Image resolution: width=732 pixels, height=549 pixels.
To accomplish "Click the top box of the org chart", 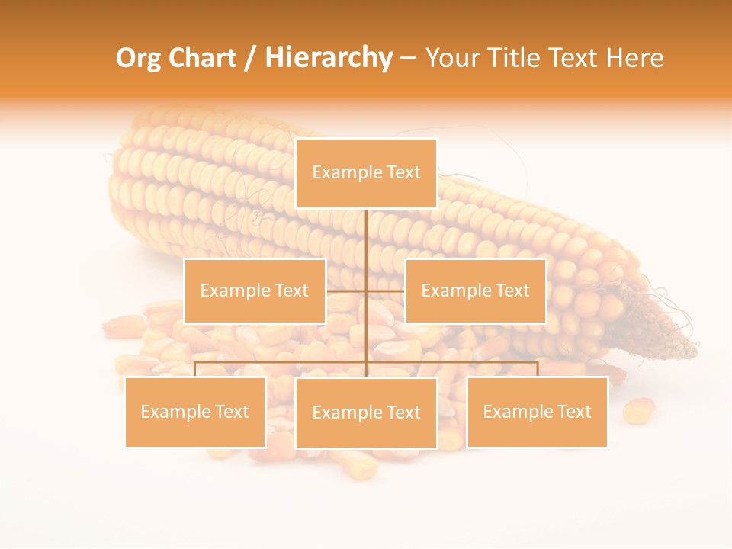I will pyautogui.click(x=366, y=173).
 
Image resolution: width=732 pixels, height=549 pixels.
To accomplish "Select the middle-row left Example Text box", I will pyautogui.click(x=255, y=291).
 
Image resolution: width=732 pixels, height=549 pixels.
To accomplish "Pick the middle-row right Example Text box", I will pyautogui.click(x=475, y=291).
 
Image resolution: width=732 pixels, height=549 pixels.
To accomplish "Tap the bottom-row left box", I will pyautogui.click(x=195, y=413).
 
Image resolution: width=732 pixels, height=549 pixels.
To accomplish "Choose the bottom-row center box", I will pyautogui.click(x=366, y=413).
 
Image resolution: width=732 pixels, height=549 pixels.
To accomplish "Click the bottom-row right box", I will pyautogui.click(x=537, y=413).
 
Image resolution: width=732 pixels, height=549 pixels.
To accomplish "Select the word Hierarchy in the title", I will pyautogui.click(x=329, y=58).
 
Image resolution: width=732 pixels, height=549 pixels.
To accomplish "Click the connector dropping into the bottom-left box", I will pyautogui.click(x=195, y=369).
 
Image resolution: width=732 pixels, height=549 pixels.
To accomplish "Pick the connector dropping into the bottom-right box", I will pyautogui.click(x=538, y=369).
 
